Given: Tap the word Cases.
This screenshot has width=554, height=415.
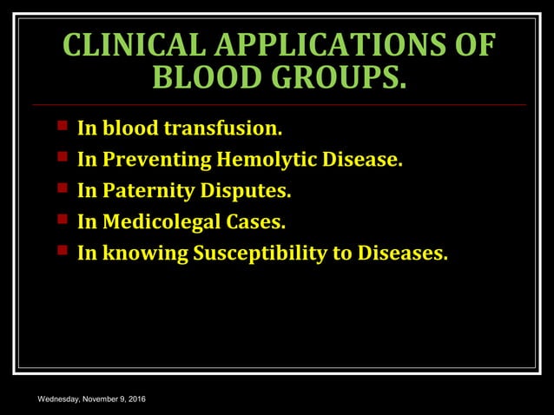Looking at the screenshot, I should (255, 222).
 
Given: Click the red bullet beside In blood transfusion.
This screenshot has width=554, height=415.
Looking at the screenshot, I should (63, 127).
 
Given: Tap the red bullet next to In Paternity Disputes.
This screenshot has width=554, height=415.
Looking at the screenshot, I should (63, 189).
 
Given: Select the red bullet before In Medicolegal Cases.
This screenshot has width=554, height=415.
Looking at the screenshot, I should (63, 221).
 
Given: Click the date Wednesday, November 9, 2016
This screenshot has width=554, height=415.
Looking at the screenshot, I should (92, 399).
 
